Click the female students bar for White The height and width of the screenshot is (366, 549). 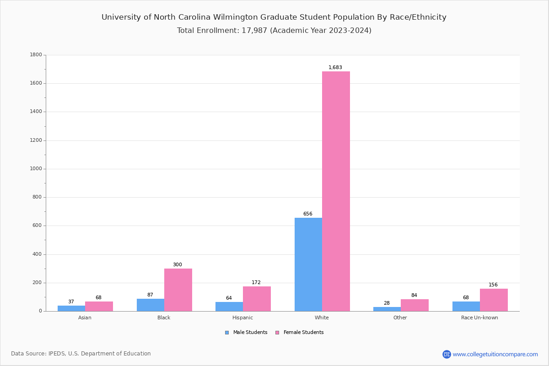click(336, 191)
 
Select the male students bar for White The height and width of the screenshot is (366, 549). click(308, 264)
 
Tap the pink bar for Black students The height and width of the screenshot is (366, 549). click(178, 290)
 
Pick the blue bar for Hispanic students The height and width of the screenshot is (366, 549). click(229, 307)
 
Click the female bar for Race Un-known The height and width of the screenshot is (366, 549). click(494, 300)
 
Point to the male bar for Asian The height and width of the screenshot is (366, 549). click(71, 308)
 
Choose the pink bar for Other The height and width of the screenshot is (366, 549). click(414, 305)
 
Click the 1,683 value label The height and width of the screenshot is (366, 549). click(335, 68)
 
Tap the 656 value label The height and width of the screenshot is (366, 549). click(308, 214)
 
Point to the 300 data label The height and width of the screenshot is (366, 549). click(178, 265)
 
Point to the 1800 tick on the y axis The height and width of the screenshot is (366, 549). click(36, 55)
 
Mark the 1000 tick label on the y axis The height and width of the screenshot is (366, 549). click(36, 169)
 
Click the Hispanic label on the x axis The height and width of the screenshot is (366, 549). click(242, 318)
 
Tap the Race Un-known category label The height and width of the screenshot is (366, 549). click(479, 318)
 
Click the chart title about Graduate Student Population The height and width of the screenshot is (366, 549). click(274, 17)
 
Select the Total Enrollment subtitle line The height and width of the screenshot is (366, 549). click(274, 31)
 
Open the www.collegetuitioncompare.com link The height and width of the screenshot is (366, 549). click(495, 354)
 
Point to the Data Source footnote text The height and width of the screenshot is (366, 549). click(81, 354)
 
